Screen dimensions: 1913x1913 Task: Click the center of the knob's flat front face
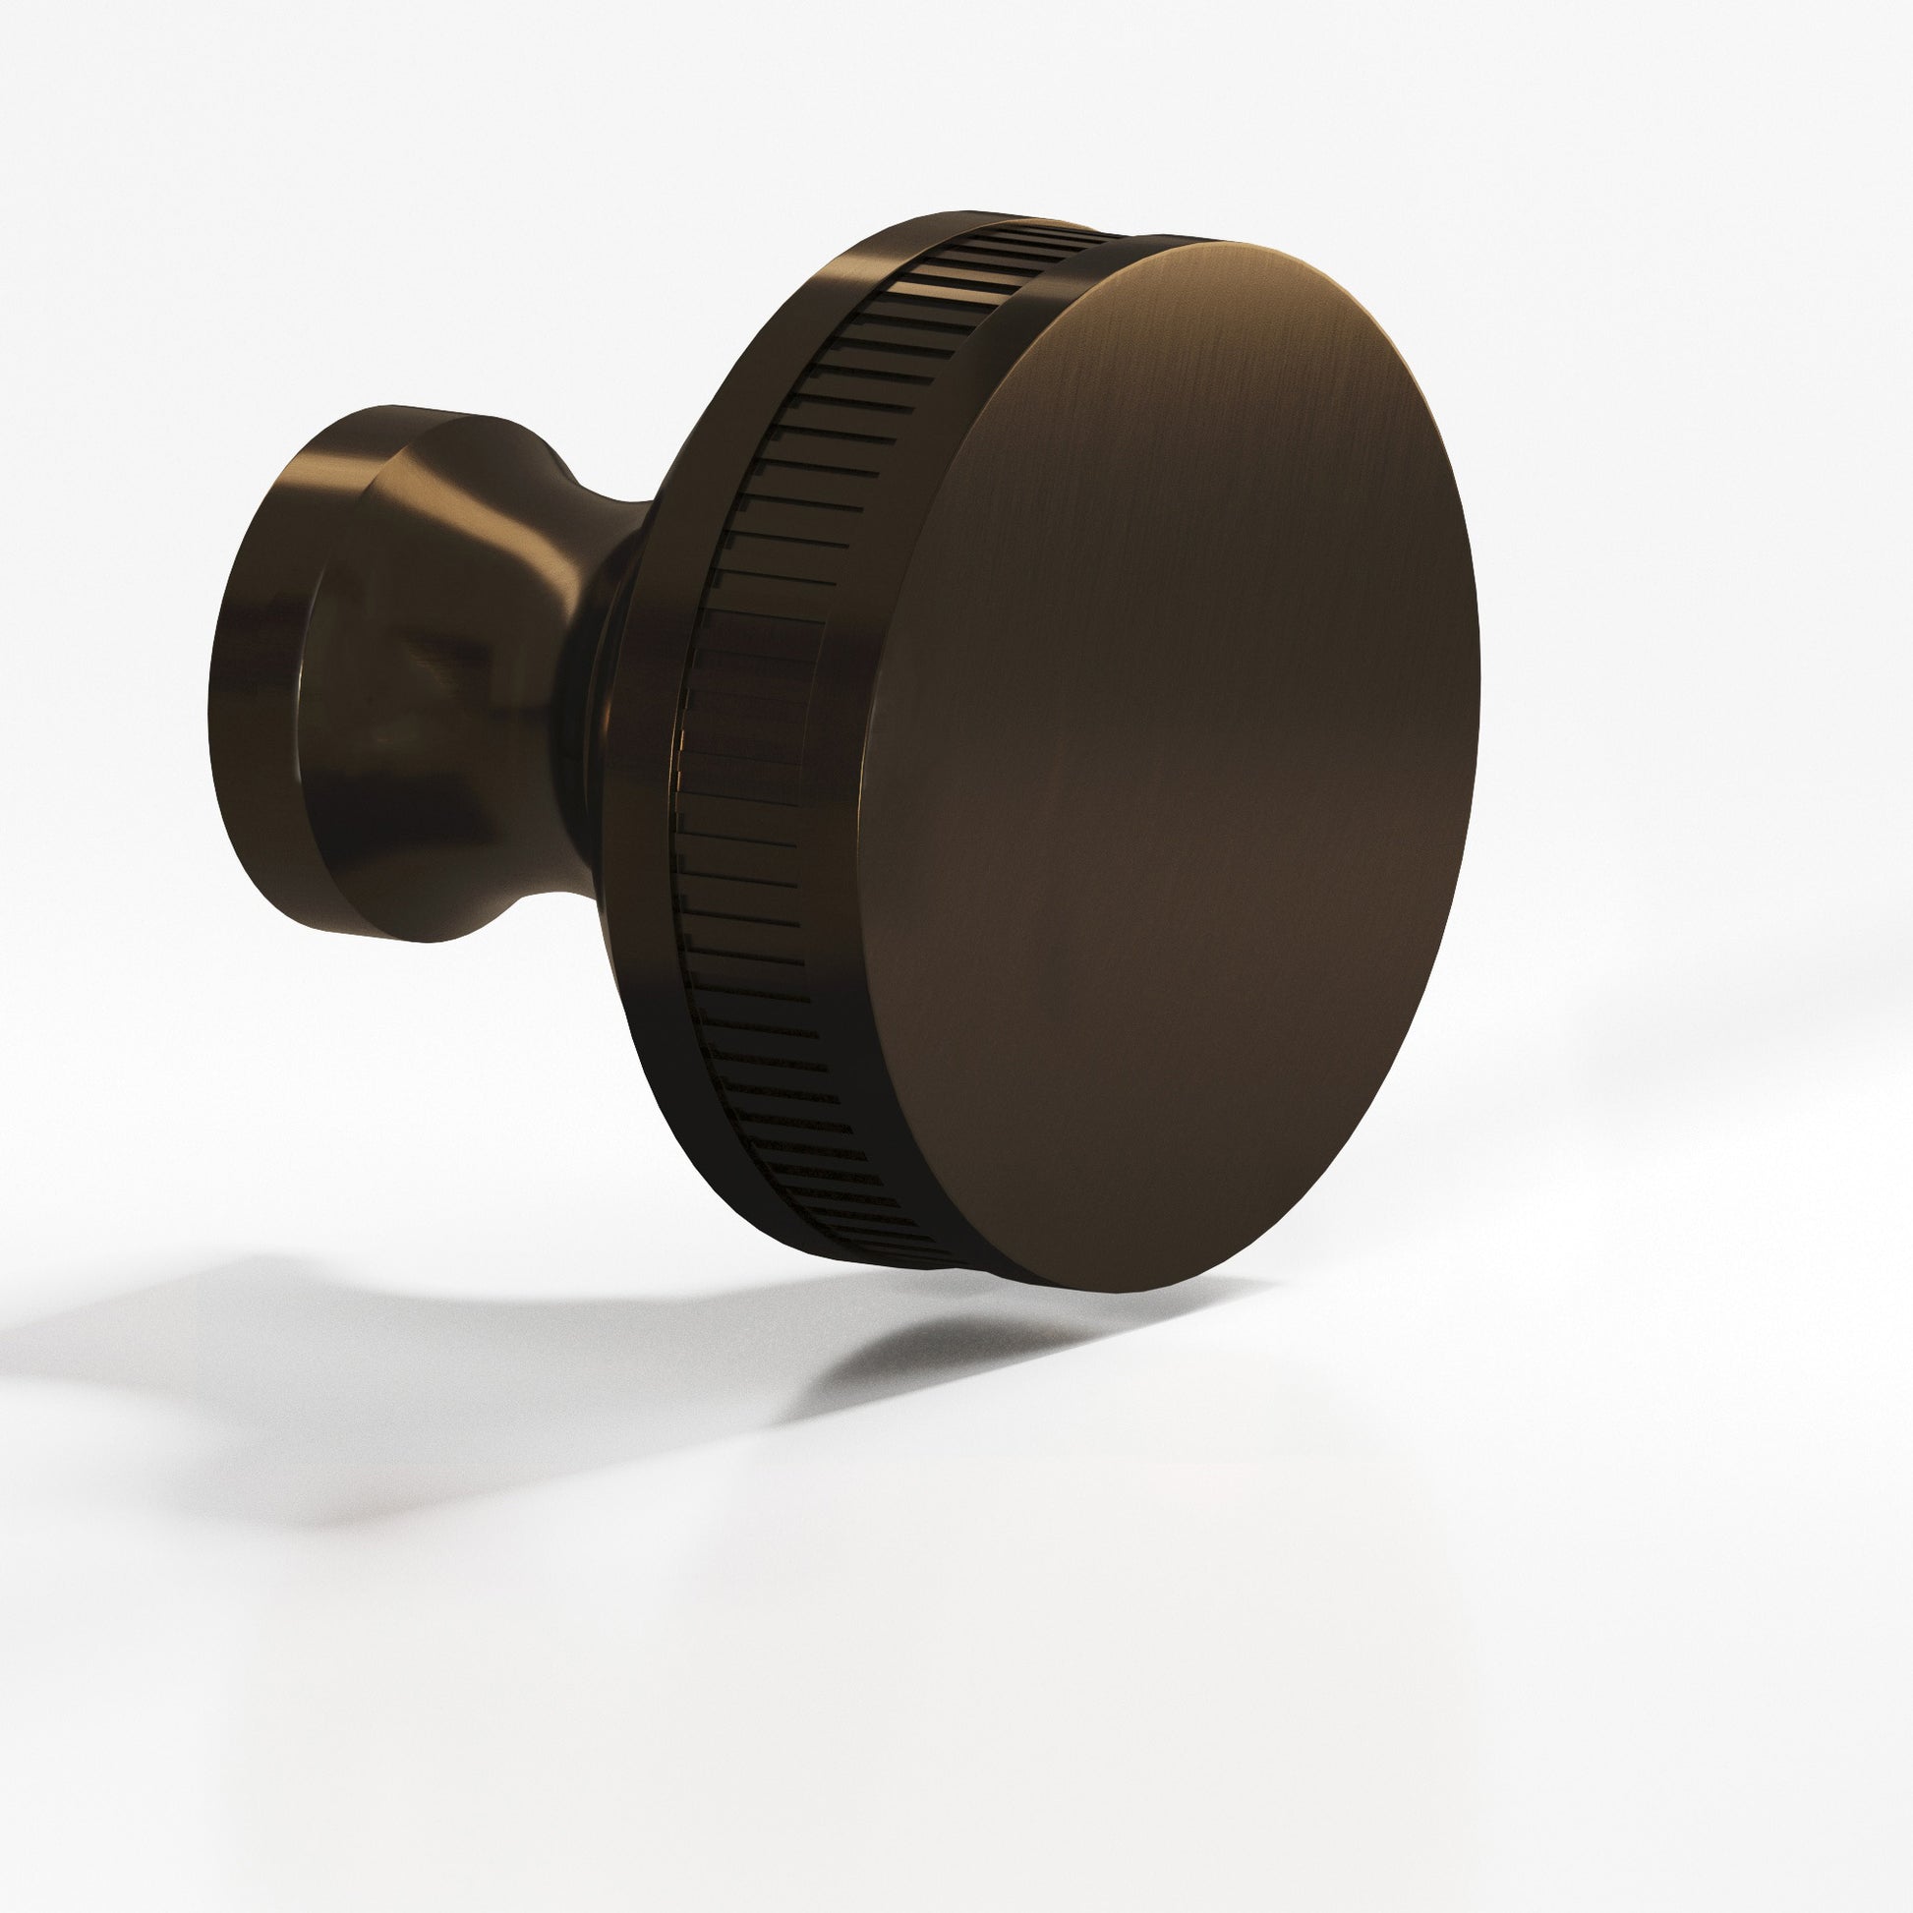(1174, 768)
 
